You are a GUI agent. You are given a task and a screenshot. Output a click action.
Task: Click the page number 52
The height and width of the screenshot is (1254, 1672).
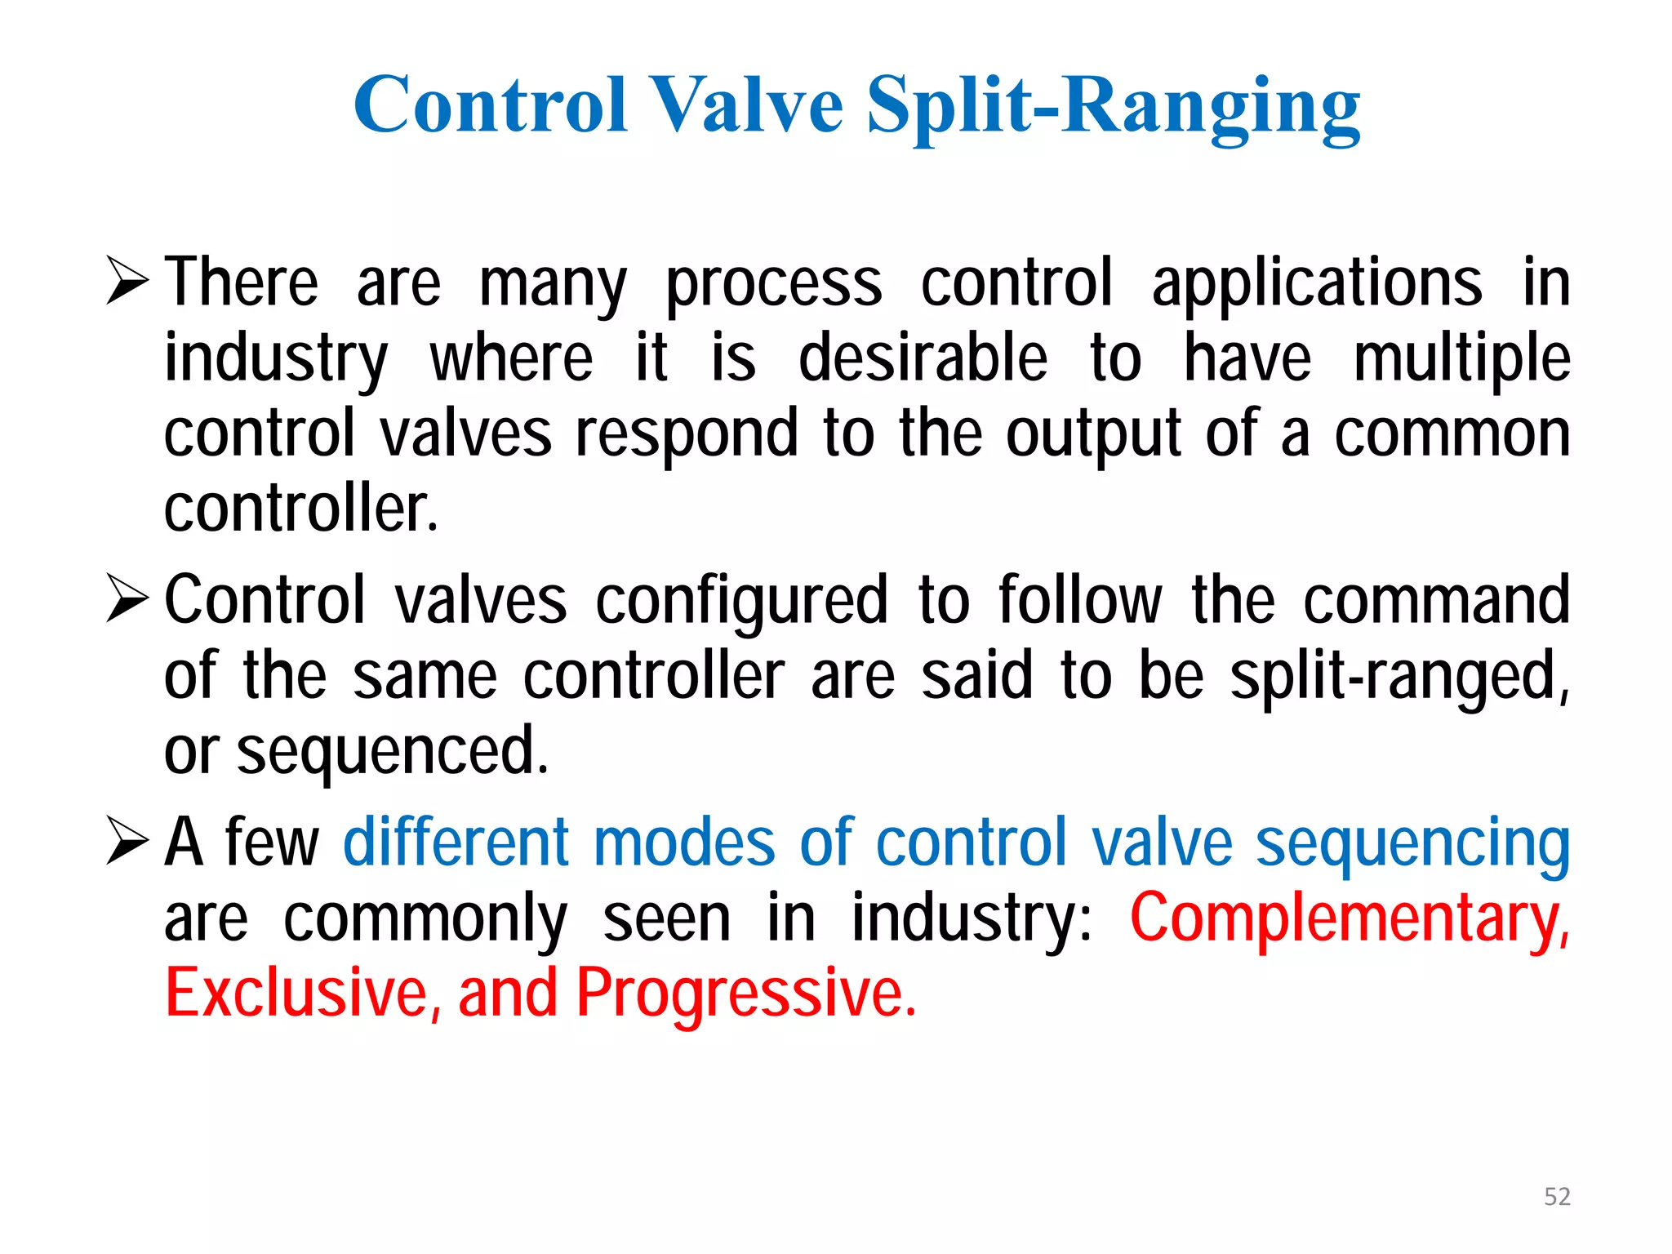tap(1557, 1197)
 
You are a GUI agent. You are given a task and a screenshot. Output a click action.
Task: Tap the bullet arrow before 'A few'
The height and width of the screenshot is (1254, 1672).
tap(127, 841)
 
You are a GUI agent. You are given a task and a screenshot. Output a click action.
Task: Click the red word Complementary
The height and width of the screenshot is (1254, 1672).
tap(1348, 918)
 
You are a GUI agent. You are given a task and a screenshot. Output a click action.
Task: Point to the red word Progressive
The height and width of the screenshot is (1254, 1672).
tap(745, 994)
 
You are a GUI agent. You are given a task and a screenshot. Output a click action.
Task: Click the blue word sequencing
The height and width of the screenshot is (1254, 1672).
tap(1412, 844)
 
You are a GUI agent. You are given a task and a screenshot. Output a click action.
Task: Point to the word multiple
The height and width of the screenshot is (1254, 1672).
tap(1461, 359)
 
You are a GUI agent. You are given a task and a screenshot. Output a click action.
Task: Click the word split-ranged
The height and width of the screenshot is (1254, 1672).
tap(1399, 677)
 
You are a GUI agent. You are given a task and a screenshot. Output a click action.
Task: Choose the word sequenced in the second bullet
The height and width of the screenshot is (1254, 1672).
tap(392, 752)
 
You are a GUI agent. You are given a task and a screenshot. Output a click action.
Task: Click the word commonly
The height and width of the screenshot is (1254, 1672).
tap(425, 919)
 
